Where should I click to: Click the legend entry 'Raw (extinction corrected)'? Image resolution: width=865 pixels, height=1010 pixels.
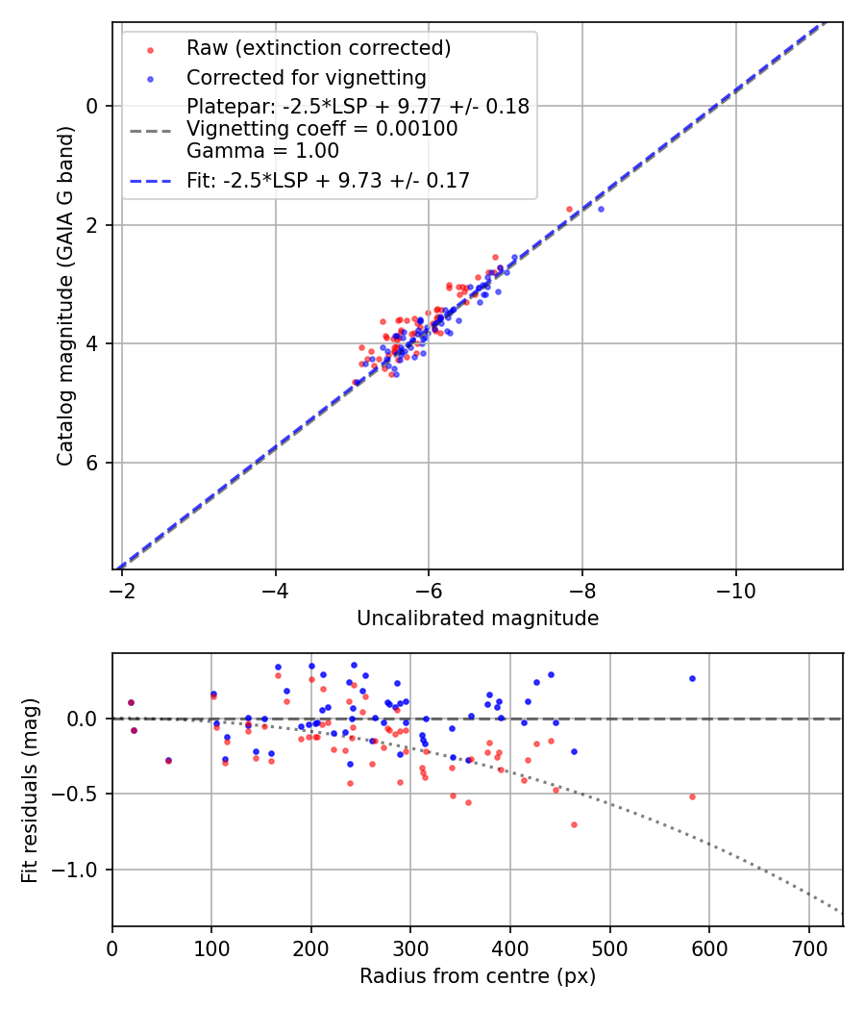(318, 48)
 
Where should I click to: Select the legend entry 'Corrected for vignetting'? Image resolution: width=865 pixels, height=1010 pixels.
(306, 77)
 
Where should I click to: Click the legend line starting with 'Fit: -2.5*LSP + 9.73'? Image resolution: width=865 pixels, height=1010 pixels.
(328, 180)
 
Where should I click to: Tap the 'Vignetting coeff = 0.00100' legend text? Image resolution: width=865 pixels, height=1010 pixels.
(322, 129)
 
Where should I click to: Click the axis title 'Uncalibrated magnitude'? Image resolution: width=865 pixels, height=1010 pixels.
(478, 619)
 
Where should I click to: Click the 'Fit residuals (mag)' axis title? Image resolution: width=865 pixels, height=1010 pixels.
(30, 789)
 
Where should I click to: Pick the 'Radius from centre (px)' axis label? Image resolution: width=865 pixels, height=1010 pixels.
(478, 976)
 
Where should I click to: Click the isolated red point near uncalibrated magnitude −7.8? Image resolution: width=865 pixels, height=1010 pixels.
(569, 209)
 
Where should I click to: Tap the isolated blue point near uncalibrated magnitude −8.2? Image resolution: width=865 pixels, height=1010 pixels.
(601, 209)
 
